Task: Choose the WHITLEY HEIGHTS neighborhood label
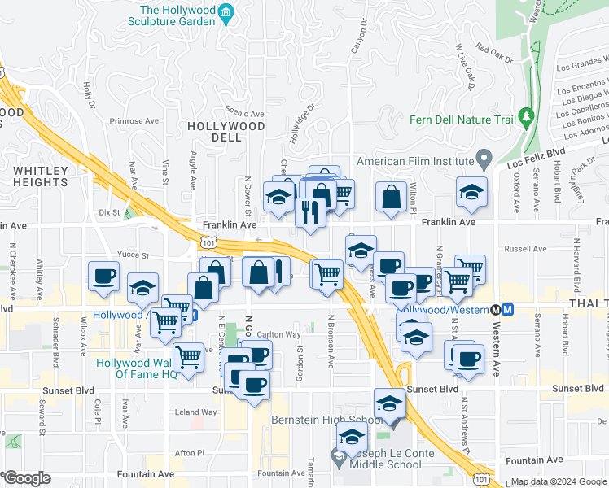40,176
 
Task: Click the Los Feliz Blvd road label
536,152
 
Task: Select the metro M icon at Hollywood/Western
508,309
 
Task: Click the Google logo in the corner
27,478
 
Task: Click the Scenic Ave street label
245,114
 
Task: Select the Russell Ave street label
525,249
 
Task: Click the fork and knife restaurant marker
311,212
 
